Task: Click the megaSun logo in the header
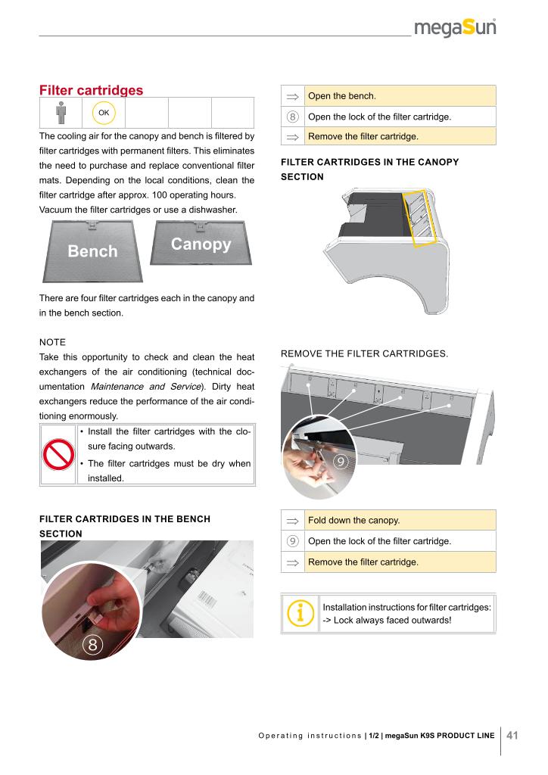click(455, 30)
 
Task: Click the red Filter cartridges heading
click(91, 91)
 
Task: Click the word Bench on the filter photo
click(92, 251)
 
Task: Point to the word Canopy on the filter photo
click(201, 244)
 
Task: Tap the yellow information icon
click(301, 613)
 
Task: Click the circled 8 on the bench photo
click(92, 645)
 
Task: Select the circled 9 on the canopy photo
click(341, 462)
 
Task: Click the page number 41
click(512, 735)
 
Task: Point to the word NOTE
click(53, 342)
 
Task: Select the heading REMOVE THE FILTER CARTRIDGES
click(364, 353)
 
